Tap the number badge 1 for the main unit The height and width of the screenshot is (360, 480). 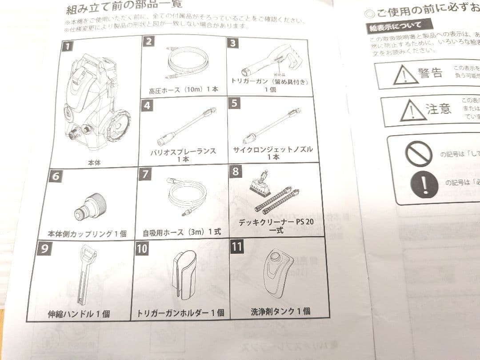(x=66, y=46)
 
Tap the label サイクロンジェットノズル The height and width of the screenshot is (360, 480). (x=272, y=149)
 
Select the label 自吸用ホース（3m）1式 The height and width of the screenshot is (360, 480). (x=182, y=232)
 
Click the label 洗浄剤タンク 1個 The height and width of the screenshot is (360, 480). (x=280, y=311)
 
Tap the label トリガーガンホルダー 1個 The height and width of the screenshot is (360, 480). (x=180, y=313)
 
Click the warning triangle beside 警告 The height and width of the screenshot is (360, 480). (x=401, y=76)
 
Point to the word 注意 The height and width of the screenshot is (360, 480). (x=438, y=108)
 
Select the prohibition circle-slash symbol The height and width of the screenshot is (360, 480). (x=418, y=154)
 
